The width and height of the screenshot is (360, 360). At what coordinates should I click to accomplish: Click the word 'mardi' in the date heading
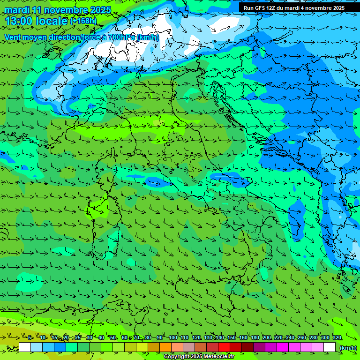coord(17,10)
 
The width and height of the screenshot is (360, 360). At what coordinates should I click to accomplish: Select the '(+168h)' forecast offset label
coord(83,21)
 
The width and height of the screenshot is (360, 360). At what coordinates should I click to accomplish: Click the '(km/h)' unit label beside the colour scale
coord(348,348)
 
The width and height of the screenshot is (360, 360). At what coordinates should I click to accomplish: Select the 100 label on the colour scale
coord(172,337)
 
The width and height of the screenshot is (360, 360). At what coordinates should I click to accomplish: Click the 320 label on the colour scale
coord(337,337)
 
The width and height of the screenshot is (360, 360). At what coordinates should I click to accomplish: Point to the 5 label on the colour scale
coord(30,337)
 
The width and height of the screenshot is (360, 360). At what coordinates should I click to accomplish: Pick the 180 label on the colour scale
coord(255,337)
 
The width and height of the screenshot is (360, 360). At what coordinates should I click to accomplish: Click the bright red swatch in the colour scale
coord(224,347)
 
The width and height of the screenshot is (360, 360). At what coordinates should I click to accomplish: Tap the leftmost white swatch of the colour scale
coord(25,347)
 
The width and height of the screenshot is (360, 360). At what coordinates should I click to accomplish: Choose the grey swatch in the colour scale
coord(189,347)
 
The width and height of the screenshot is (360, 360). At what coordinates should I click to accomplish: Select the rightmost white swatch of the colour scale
coord(330,347)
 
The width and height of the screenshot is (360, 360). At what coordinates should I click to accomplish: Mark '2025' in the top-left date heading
coord(101,10)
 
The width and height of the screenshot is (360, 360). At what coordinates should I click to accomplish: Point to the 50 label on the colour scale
coord(113,337)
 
